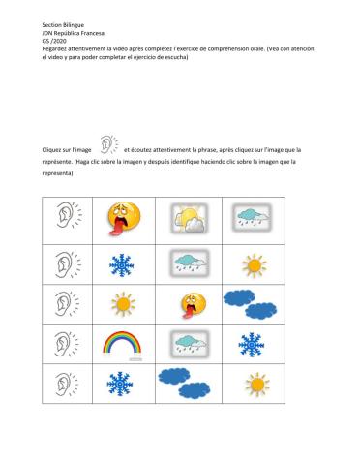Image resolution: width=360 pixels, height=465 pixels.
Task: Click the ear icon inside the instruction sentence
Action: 108,148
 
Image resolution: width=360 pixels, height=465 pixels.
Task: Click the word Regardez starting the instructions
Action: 30,46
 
